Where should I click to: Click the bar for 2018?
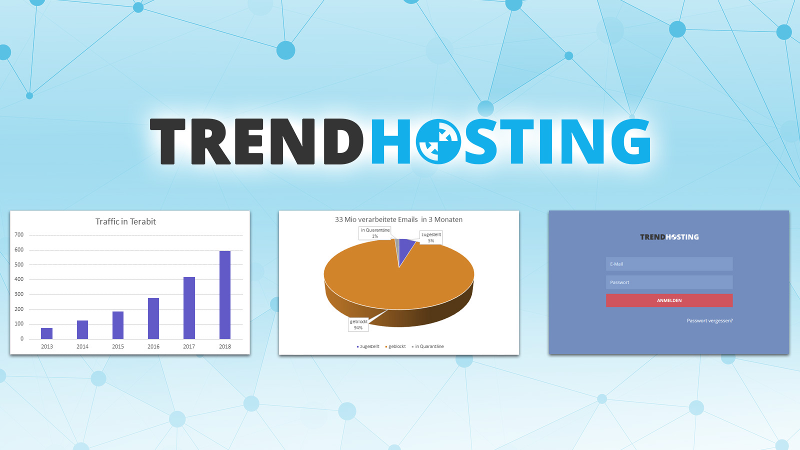click(x=224, y=295)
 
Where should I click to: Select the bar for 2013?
click(x=47, y=333)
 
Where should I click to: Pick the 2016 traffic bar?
click(x=153, y=318)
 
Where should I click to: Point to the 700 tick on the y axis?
click(x=19, y=234)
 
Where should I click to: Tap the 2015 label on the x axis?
click(x=118, y=346)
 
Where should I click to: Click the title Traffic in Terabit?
click(x=125, y=221)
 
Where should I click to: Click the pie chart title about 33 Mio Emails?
click(x=398, y=219)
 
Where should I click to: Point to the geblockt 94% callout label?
click(x=358, y=324)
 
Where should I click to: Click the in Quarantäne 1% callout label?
click(x=375, y=233)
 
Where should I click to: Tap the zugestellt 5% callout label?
click(x=431, y=237)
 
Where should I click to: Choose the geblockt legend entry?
click(x=395, y=346)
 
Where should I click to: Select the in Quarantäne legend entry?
click(x=428, y=346)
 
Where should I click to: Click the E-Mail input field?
click(x=669, y=264)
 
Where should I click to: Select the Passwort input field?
click(x=669, y=282)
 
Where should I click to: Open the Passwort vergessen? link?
click(x=709, y=320)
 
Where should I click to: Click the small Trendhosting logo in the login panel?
click(x=669, y=237)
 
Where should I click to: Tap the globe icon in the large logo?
click(x=438, y=141)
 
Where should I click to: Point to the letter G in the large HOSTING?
click(x=630, y=141)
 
